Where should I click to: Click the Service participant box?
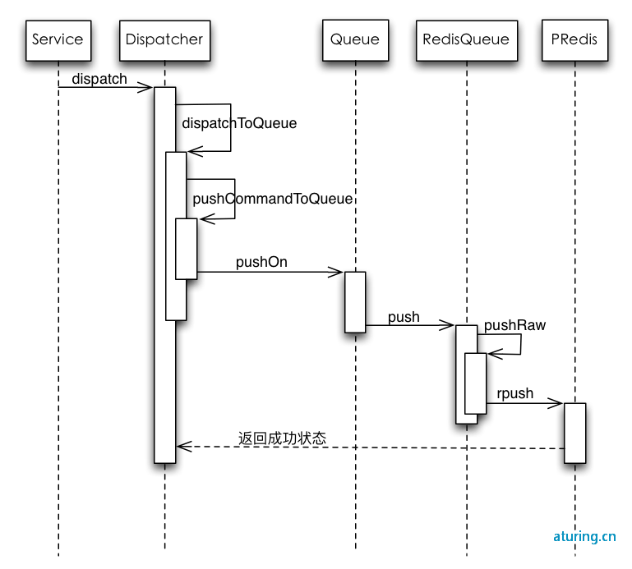click(58, 41)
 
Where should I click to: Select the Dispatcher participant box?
click(165, 41)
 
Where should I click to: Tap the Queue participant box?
click(356, 40)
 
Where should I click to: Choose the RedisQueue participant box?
click(467, 41)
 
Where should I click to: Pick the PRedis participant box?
click(574, 40)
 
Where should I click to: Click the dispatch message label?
click(99, 79)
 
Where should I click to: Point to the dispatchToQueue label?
click(239, 123)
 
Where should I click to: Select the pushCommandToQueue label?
click(273, 199)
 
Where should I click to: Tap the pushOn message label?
click(261, 262)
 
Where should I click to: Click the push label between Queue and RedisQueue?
click(404, 317)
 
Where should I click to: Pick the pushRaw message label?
click(514, 325)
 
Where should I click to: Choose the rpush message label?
click(515, 393)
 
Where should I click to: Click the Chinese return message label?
click(282, 438)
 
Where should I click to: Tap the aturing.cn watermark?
click(584, 536)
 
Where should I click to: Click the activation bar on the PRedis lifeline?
click(574, 433)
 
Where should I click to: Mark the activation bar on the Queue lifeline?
click(355, 302)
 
